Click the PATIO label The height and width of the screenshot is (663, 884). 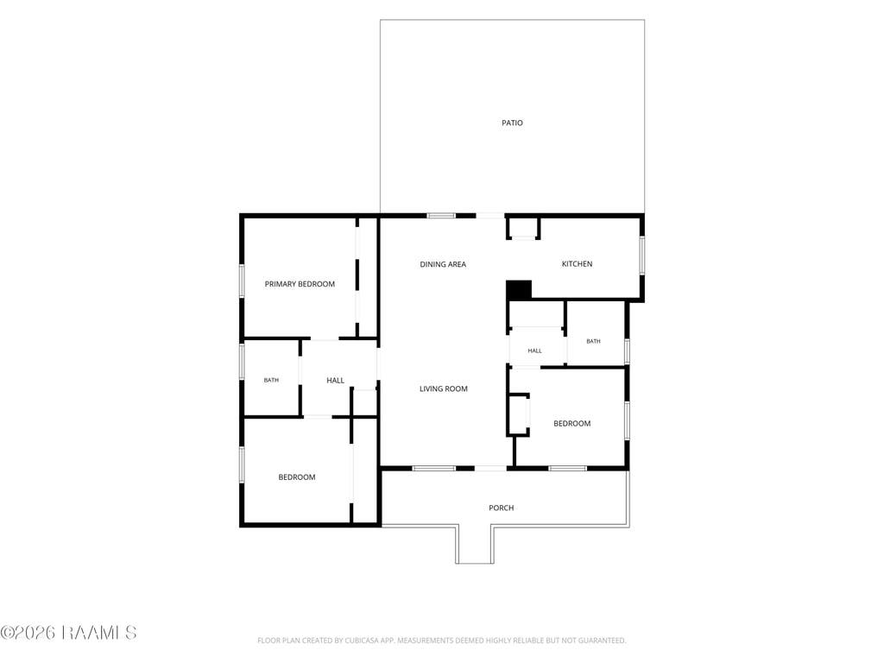click(512, 123)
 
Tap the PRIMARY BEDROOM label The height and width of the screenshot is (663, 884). click(300, 284)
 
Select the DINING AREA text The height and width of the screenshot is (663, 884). click(443, 264)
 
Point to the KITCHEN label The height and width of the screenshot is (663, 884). click(577, 264)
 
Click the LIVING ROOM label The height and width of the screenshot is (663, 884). click(444, 389)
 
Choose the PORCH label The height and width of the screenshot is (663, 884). click(502, 508)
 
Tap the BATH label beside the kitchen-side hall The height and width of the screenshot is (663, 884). click(593, 341)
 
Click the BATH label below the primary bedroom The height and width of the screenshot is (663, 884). click(271, 380)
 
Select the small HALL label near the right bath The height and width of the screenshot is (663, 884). click(534, 350)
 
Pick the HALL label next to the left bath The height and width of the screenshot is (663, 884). click(336, 381)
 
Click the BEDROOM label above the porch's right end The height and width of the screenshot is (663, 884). click(571, 424)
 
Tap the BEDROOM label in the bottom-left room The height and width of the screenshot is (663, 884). click(297, 477)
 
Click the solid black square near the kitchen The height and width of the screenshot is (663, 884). click(519, 290)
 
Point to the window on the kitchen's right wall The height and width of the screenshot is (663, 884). click(642, 256)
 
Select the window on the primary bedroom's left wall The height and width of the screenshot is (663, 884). click(242, 281)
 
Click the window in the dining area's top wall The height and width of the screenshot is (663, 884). click(441, 215)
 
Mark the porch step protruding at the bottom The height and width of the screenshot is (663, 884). click(475, 545)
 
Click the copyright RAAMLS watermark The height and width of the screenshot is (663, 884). click(68, 633)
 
